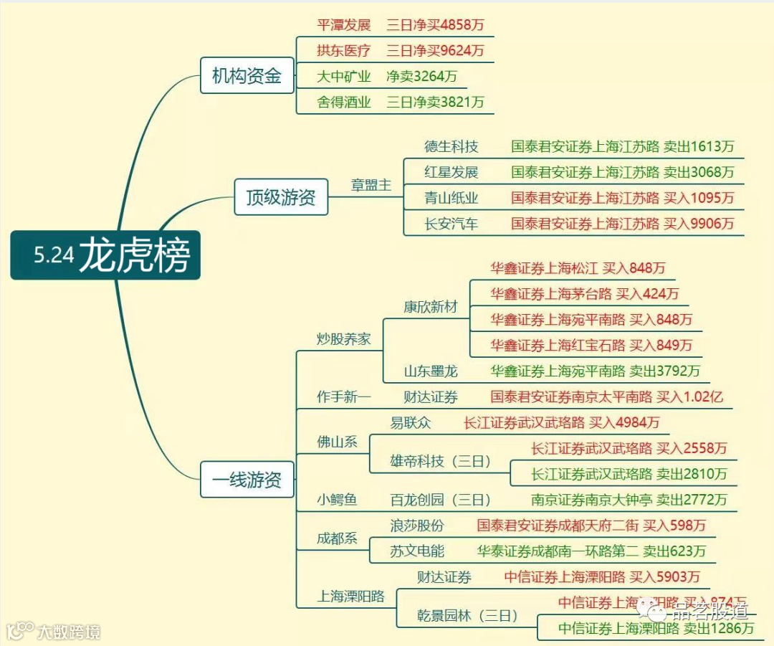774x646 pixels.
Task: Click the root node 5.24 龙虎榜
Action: tap(105, 255)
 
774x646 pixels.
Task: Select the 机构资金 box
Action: tap(247, 75)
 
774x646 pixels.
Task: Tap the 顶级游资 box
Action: tap(281, 197)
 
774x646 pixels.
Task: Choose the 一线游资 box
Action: tap(247, 480)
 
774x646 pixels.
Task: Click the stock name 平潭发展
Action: tap(344, 25)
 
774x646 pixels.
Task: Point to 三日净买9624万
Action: tap(435, 51)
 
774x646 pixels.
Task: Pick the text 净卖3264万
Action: tap(421, 77)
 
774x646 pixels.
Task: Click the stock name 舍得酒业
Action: tap(344, 103)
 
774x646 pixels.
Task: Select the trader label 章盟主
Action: tap(371, 185)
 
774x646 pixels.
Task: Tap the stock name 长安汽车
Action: tap(451, 224)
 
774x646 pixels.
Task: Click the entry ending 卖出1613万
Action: tap(622, 147)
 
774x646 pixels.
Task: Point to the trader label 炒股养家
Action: tap(344, 339)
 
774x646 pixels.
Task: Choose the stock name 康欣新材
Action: tap(430, 307)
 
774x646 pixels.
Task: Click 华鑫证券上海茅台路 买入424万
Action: tap(584, 294)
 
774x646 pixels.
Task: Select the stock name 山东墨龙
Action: tap(430, 371)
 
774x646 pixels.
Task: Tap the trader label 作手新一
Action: tap(344, 397)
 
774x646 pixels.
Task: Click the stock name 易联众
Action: tap(411, 423)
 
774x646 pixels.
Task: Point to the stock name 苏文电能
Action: tap(417, 551)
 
